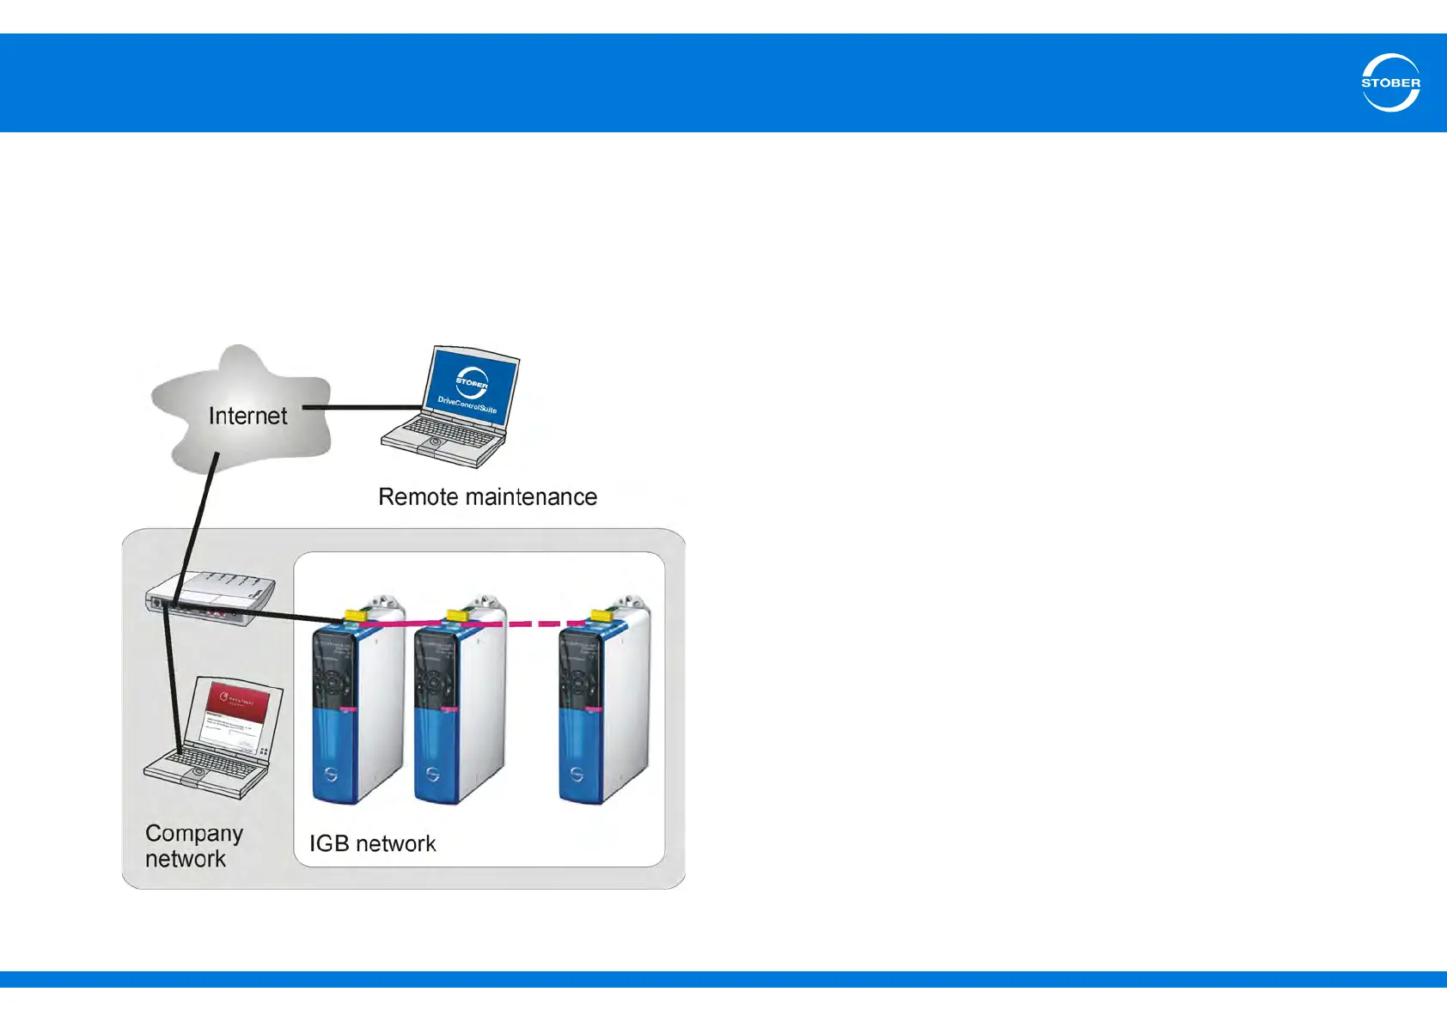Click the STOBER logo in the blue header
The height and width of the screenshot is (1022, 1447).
1390,82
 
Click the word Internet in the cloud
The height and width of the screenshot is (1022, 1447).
247,417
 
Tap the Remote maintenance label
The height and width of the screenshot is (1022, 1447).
487,497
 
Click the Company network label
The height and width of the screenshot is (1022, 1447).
193,846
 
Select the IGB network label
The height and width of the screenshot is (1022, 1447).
372,843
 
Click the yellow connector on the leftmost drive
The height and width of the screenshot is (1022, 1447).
354,615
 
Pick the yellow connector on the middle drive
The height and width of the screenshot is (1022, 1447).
457,615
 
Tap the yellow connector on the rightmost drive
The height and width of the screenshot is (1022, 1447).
601,615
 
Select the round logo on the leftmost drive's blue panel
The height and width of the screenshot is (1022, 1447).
331,775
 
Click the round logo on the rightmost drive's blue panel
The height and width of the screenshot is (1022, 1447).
577,775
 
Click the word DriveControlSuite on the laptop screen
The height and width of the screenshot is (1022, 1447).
467,405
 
